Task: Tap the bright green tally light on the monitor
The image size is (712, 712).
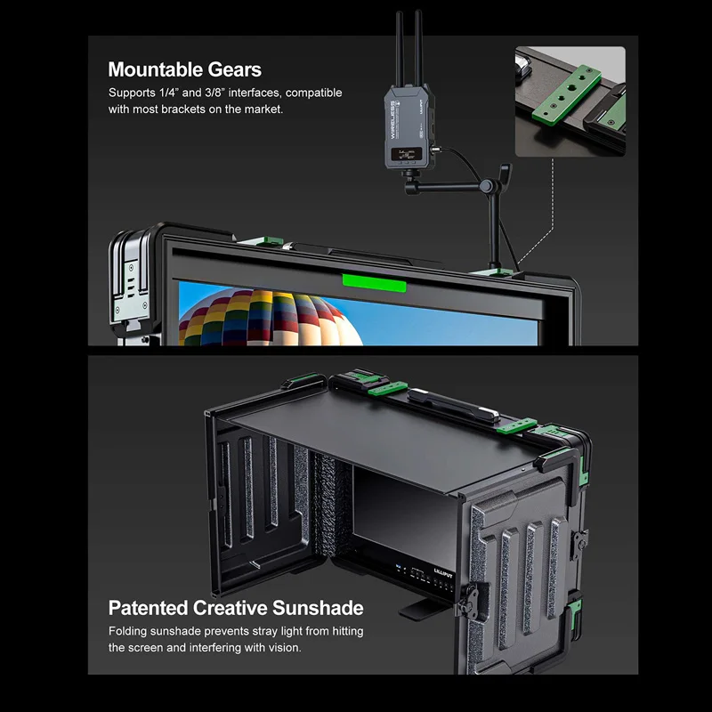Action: [374, 284]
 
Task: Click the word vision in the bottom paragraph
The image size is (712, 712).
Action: [282, 647]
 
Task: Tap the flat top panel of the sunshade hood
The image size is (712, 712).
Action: [374, 436]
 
